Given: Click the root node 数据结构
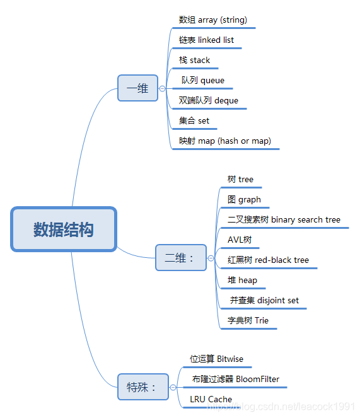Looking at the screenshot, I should (64, 229).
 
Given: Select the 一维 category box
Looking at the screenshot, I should (137, 88).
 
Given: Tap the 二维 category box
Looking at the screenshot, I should (180, 257).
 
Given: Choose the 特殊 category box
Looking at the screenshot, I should (142, 386).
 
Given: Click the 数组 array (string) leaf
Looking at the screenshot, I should (212, 20).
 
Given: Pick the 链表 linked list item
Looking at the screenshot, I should (206, 40).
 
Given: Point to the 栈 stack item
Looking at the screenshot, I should (195, 61).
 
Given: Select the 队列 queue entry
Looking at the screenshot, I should (202, 81).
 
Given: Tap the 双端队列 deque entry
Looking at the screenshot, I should (209, 101).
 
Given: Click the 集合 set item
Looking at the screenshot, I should (194, 121).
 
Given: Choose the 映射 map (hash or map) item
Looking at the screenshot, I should (224, 141).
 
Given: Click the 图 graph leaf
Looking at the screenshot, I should (244, 200).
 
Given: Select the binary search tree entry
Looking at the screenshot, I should (284, 220).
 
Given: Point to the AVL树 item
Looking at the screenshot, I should (240, 240).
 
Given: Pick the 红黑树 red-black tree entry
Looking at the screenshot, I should (268, 260).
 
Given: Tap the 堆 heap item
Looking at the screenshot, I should (242, 281).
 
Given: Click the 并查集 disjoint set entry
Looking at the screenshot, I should (264, 301).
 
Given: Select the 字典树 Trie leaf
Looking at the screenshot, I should (248, 321).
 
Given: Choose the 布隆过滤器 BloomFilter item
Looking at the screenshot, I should (236, 380).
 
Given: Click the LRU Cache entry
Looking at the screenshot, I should (211, 400).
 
